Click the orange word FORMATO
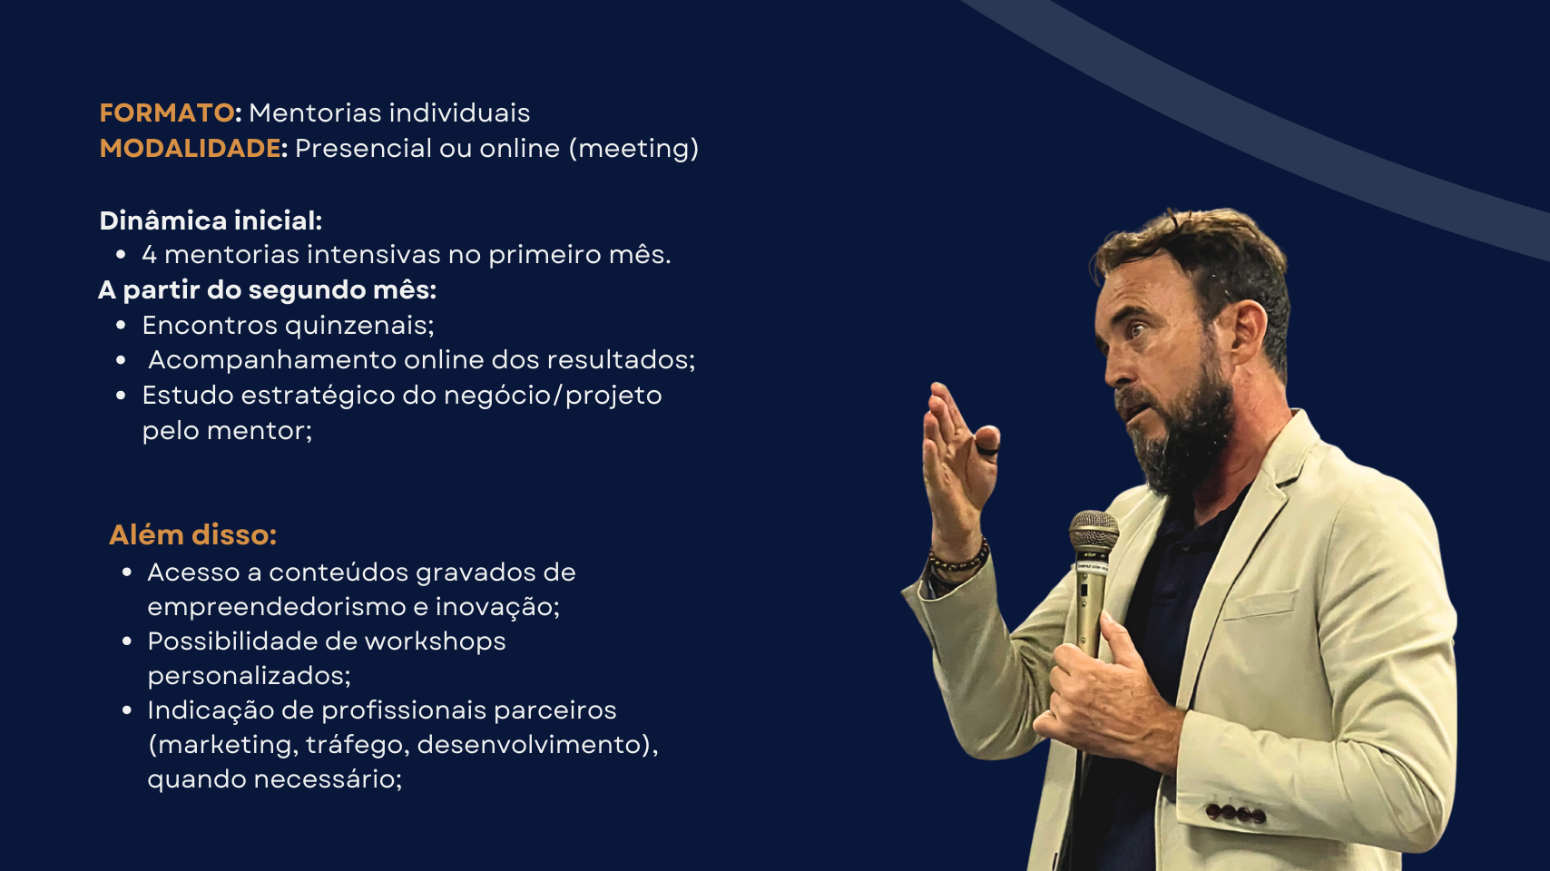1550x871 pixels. coord(166,113)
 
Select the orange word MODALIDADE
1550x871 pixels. coord(191,148)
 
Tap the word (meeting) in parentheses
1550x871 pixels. coord(633,149)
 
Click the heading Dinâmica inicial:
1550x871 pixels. coord(211,220)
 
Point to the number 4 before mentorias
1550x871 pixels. coord(150,255)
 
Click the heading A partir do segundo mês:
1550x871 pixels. coord(267,290)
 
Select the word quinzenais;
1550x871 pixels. coord(359,326)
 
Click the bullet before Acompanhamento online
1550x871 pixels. coord(121,360)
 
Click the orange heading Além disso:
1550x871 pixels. coord(192,534)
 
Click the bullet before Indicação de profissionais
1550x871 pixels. coord(127,710)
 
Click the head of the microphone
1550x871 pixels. coord(1094,532)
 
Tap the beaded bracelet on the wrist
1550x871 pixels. coord(960,559)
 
